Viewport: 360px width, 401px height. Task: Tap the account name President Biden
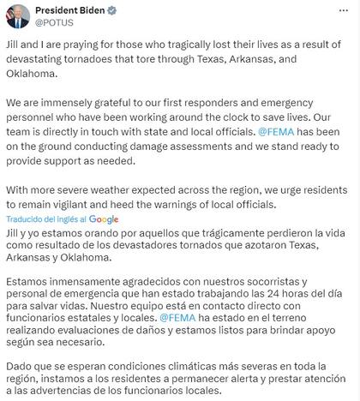84,11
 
